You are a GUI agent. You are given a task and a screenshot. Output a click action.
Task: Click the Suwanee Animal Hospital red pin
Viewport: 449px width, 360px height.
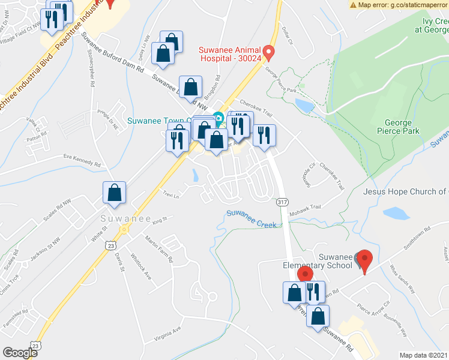270,53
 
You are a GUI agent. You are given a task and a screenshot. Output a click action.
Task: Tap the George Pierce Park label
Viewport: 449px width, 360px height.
398,125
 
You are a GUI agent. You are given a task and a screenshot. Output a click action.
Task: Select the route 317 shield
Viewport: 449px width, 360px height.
282,203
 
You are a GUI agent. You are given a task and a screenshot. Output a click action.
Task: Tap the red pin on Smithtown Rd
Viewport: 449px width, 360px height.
364,261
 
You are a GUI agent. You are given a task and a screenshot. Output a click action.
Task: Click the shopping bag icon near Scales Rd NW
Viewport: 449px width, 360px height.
114,194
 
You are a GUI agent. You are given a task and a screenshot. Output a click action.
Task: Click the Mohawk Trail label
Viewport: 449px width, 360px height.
307,206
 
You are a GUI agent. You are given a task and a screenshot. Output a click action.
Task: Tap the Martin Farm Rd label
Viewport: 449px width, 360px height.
158,248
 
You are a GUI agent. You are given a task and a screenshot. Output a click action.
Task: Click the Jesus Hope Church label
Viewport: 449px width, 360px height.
406,191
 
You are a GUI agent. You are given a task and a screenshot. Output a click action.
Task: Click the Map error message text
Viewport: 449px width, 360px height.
399,5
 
